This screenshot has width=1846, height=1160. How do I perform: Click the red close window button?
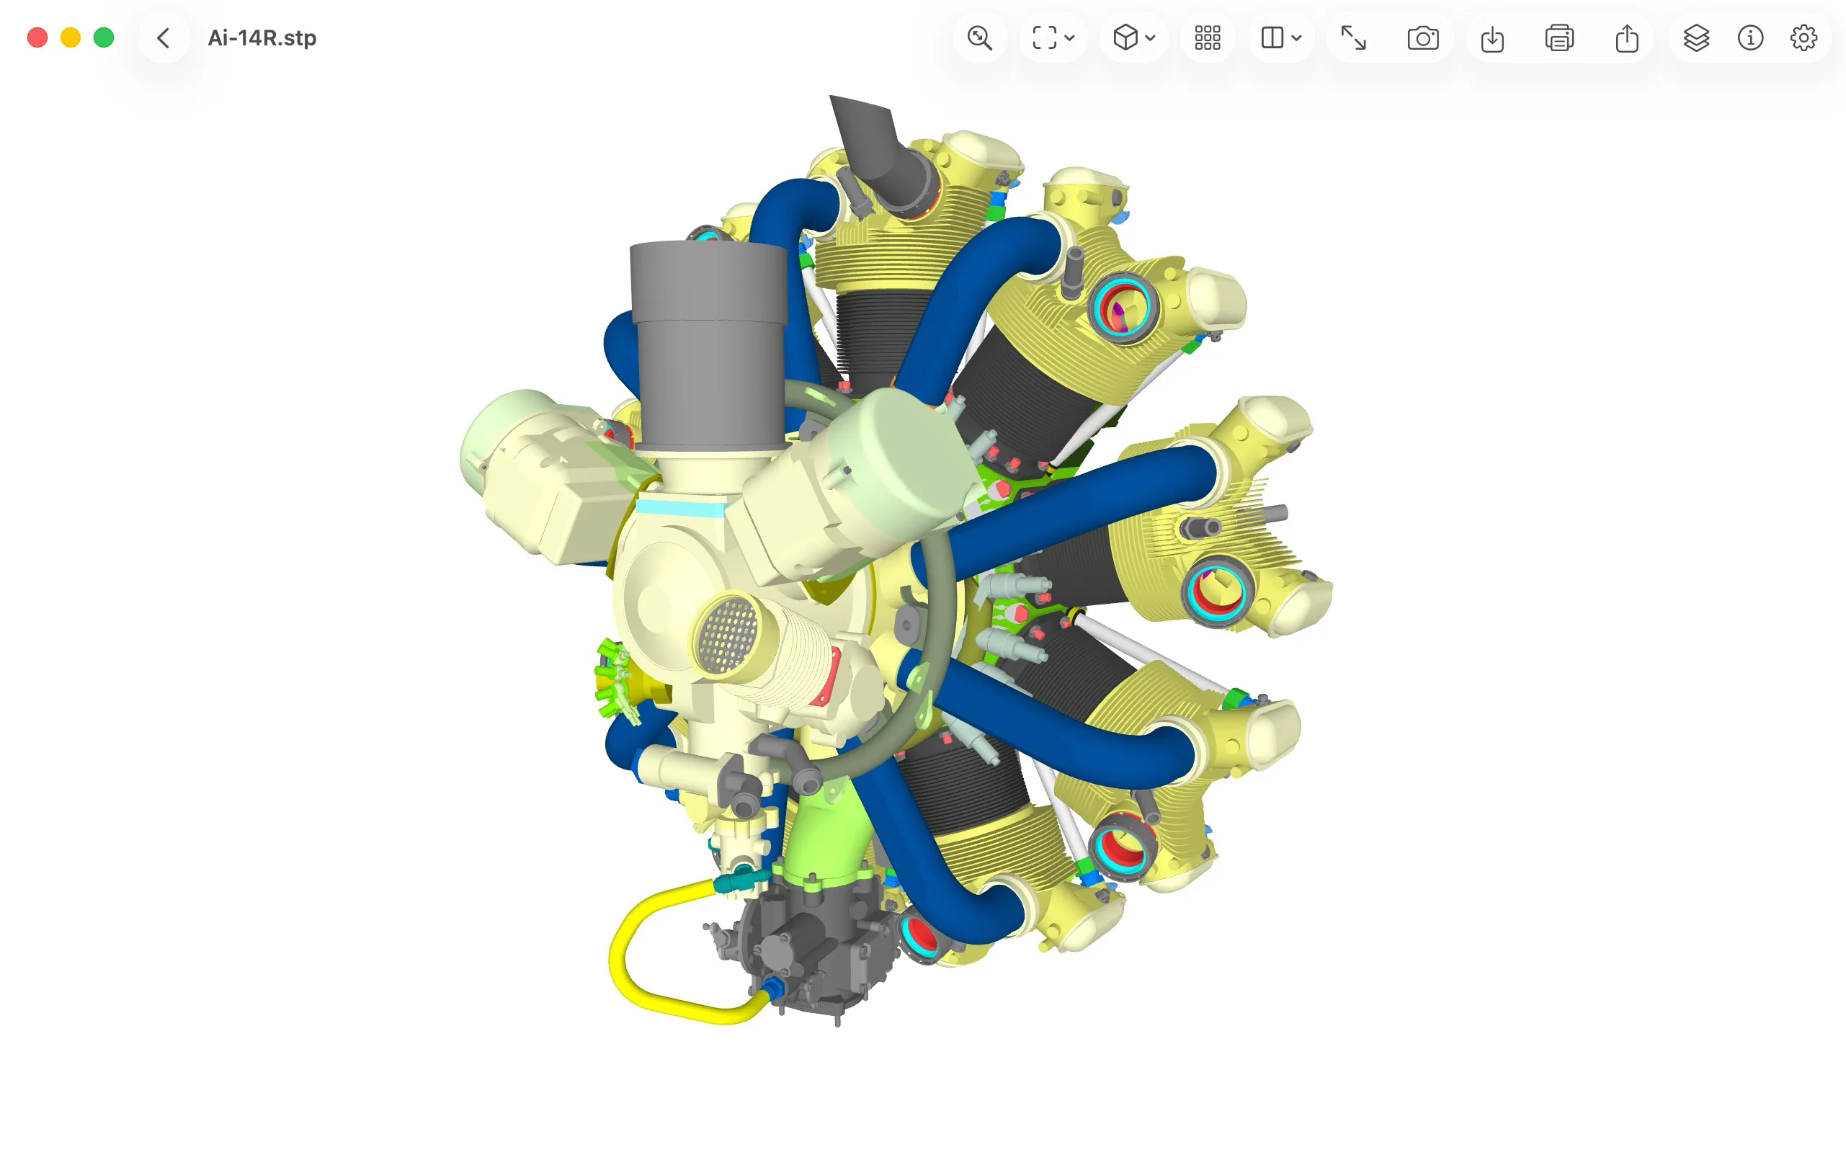click(x=37, y=37)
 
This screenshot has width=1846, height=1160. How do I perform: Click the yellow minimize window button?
click(x=71, y=37)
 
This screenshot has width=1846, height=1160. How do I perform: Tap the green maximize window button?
click(x=104, y=37)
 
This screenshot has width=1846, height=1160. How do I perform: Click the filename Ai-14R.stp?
click(x=262, y=37)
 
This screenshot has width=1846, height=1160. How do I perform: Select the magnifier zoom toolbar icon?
click(x=980, y=37)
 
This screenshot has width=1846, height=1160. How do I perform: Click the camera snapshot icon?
click(x=1423, y=37)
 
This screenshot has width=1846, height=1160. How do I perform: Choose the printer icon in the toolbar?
click(x=1559, y=37)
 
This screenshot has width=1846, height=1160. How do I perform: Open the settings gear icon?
click(x=1803, y=37)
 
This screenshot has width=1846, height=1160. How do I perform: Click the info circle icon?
click(x=1750, y=37)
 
